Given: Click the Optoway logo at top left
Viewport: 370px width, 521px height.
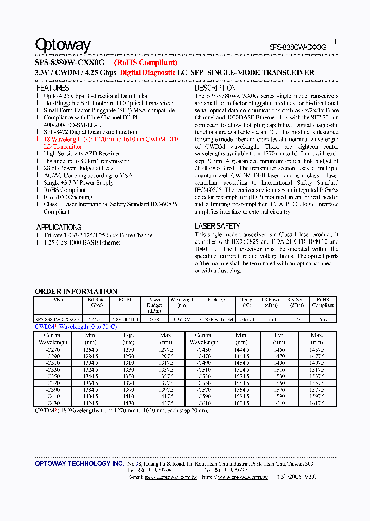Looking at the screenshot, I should tap(63, 45).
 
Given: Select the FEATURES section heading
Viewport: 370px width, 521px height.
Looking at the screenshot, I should tap(52, 88).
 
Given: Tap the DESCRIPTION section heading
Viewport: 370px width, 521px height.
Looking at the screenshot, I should tap(215, 88).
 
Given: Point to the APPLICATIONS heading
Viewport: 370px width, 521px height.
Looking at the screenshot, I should tap(59, 227).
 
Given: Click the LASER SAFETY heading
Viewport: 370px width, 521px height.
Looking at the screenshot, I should tap(217, 226).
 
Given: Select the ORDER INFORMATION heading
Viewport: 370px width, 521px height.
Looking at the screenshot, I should tap(76, 291).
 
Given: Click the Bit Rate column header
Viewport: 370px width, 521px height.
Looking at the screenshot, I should tap(96, 302).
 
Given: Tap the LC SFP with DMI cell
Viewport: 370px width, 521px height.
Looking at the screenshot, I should tap(216, 319).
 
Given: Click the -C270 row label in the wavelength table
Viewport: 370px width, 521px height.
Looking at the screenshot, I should tap(53, 349).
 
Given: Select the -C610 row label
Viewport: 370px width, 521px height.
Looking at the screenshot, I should tap(204, 403).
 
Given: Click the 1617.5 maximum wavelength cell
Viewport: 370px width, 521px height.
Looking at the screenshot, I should tap(317, 403).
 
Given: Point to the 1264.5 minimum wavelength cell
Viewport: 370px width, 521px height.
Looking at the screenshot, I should tap(90, 349).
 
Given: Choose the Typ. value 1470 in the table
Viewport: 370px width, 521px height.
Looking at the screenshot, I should tap(279, 356).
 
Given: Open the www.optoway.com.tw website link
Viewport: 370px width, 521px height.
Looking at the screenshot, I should tap(243, 477).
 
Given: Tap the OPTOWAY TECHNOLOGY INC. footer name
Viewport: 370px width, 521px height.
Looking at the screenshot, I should tap(79, 464).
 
